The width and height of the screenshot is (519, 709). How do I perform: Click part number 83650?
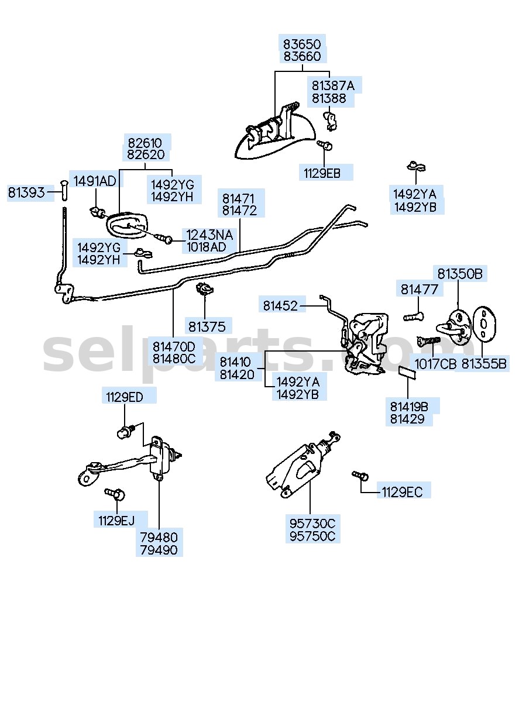pos(302,44)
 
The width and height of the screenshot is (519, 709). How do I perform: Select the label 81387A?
pos(333,86)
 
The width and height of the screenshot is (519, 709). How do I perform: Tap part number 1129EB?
pos(322,174)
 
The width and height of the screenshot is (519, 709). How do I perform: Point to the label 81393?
pos(26,192)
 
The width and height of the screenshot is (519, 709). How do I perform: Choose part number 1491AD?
pos(95,181)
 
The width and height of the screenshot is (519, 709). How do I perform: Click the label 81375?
pos(207,327)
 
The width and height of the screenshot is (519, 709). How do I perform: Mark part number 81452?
pos(280,306)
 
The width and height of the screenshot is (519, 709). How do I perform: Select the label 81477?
pos(420,290)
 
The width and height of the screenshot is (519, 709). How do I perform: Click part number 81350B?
pos(460,274)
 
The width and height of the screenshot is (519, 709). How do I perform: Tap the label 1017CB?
pos(436,364)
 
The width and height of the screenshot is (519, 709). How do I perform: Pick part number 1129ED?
pos(125,397)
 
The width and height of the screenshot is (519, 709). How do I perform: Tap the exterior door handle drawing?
pos(276,133)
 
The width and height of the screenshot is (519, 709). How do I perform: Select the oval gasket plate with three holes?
pos(484,324)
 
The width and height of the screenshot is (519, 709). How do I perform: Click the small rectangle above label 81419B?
pos(408,373)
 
